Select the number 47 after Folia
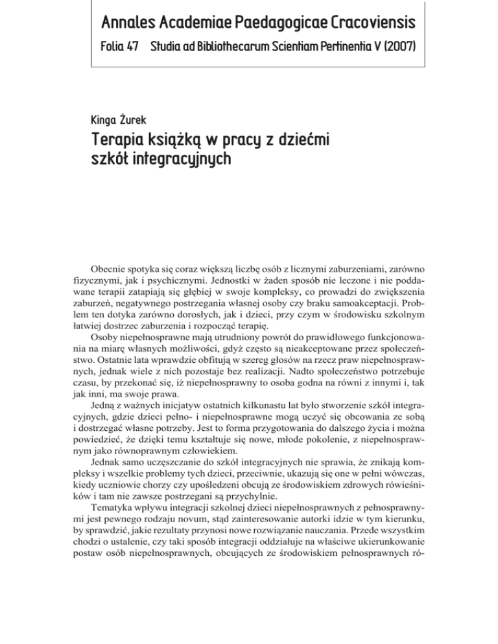point(137,49)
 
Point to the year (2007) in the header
point(396,49)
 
